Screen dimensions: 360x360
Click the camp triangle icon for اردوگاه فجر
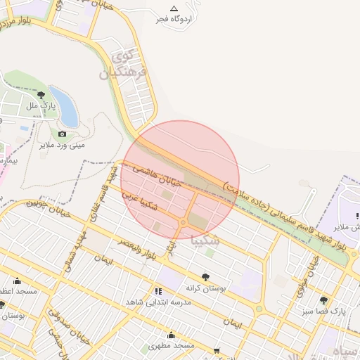174,8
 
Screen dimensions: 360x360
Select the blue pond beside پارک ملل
63,106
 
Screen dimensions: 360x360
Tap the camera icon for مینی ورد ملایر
63,134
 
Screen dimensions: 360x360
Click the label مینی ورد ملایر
60,146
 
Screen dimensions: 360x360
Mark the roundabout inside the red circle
182,223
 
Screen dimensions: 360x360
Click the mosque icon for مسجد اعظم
15,280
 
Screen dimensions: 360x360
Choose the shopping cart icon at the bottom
217,349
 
